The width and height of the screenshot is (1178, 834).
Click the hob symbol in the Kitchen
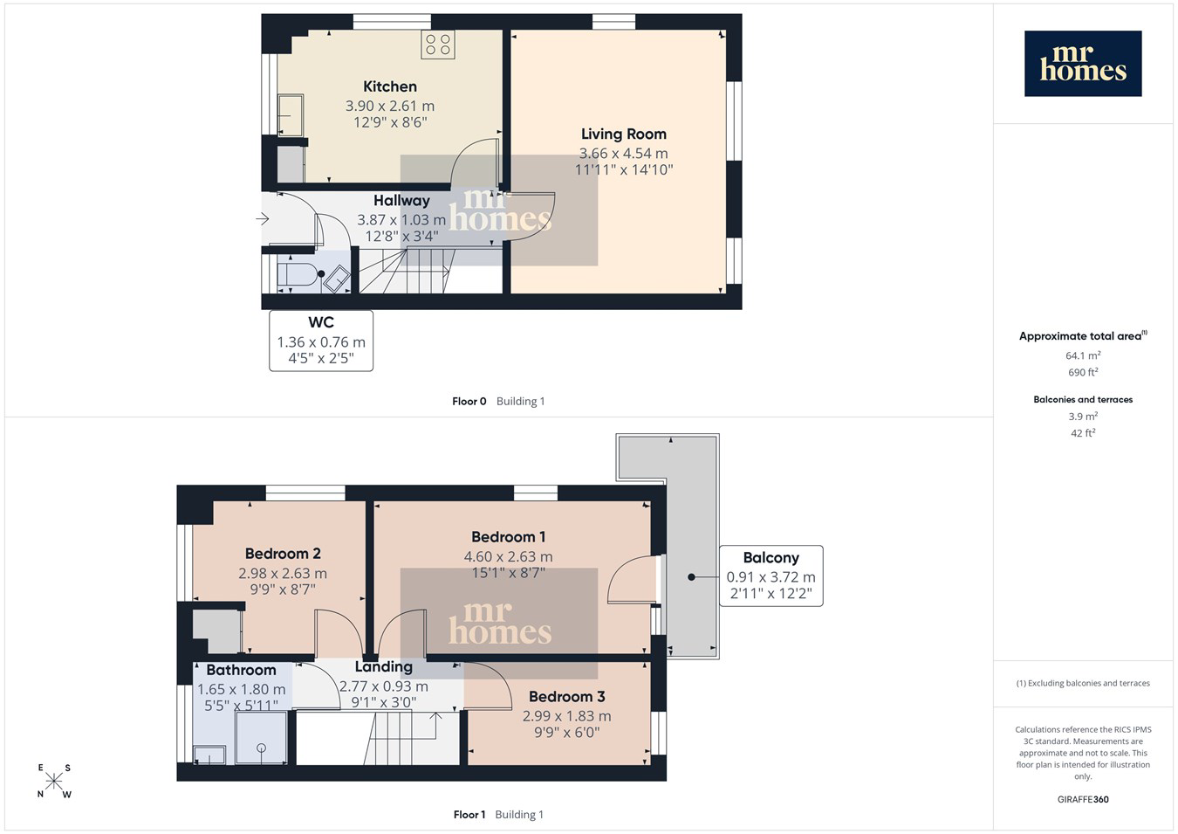[437, 45]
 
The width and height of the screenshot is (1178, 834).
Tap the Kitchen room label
[390, 86]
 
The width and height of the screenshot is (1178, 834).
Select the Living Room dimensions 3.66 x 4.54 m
[623, 153]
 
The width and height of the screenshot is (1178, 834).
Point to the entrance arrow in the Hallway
[263, 218]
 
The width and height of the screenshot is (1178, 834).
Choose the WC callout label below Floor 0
[321, 341]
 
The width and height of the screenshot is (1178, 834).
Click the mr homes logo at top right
[1083, 63]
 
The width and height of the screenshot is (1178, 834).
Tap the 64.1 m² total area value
[1083, 355]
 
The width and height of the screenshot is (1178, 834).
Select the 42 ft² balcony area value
[1083, 433]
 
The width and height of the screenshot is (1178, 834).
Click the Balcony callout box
[771, 576]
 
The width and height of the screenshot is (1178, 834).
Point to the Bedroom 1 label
[508, 537]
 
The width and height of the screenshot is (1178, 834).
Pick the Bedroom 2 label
[283, 554]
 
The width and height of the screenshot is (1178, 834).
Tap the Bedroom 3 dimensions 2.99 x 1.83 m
[566, 715]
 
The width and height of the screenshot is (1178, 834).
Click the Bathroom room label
[241, 670]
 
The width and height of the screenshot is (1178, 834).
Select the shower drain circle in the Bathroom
[261, 748]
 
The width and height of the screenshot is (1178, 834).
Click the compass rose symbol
[53, 782]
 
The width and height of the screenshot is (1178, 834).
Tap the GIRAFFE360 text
[1083, 799]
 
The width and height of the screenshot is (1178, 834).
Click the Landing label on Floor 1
[383, 666]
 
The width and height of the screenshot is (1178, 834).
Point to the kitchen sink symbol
[291, 114]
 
